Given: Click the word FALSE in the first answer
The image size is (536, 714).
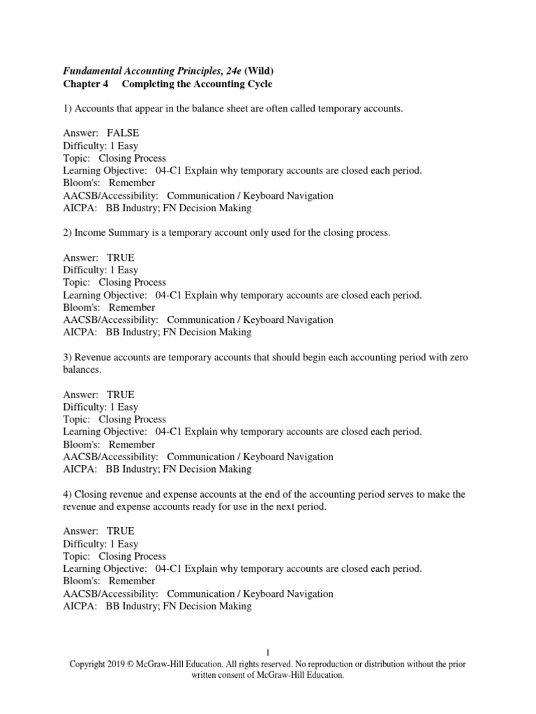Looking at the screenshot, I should coord(123,134).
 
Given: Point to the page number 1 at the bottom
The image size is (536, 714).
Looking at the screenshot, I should coord(267,653).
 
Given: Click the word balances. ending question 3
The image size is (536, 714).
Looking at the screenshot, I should coord(82,370).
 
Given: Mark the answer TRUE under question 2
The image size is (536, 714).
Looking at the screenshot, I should coord(121,258).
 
